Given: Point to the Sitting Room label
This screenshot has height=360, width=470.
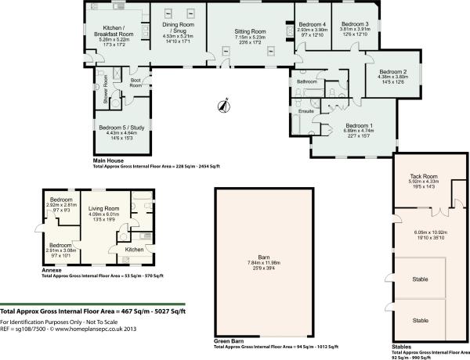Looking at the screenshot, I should [x=251, y=32].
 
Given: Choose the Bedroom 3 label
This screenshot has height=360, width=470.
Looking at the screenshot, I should [x=355, y=24].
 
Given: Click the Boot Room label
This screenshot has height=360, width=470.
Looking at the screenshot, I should [x=136, y=81].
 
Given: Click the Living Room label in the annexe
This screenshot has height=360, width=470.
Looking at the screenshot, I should [x=103, y=209].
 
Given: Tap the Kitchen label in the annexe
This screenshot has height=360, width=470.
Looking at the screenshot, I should [x=134, y=249].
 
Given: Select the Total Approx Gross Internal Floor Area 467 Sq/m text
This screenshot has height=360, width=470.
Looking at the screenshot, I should [x=92, y=311].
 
